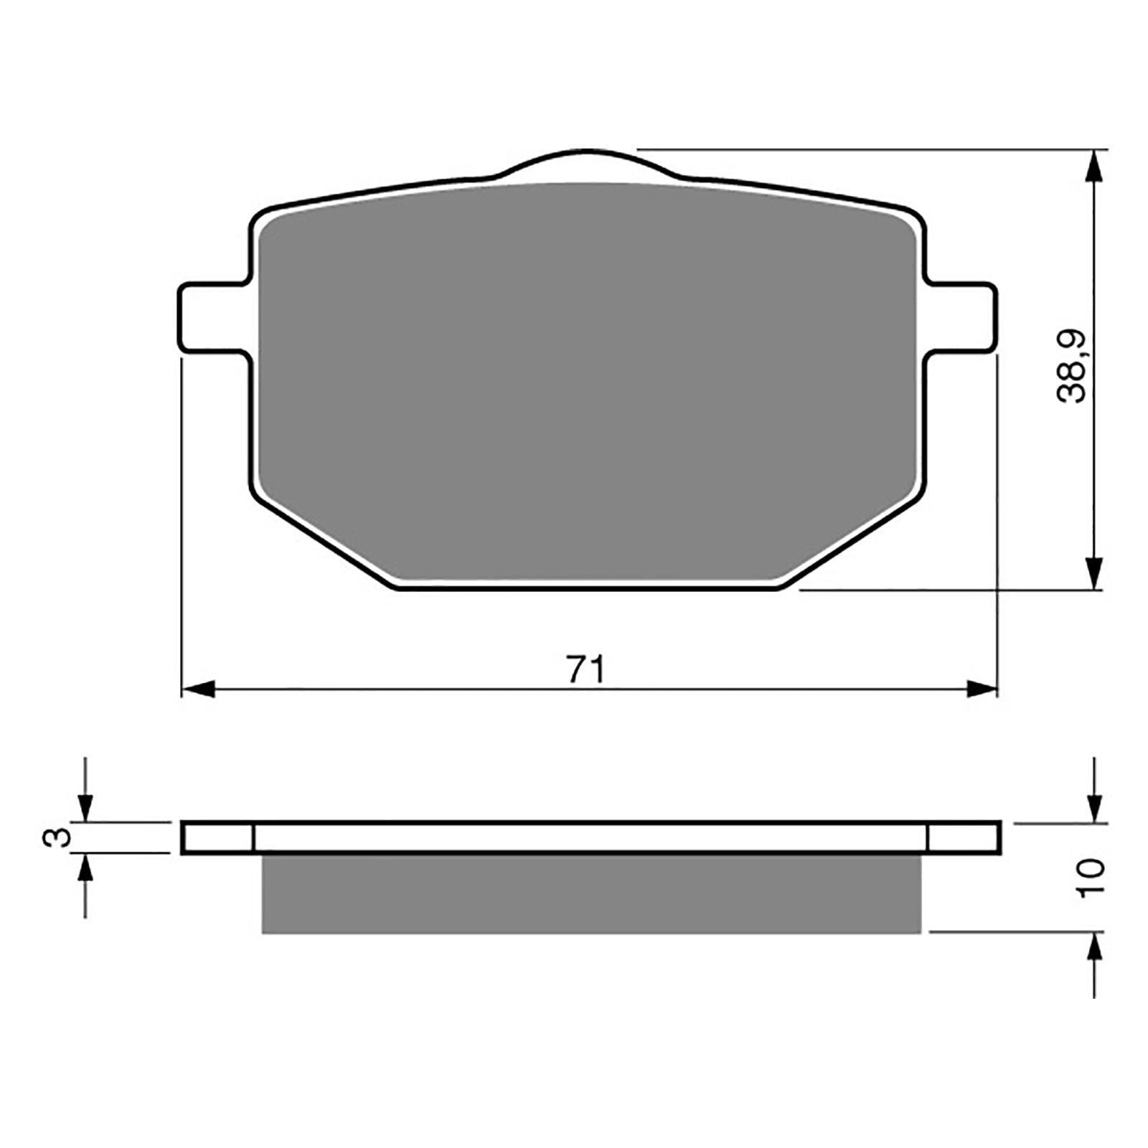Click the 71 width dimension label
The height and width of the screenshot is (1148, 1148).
(x=586, y=669)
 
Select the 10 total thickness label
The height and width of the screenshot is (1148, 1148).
(x=1090, y=877)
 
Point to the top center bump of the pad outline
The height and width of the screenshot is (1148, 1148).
(x=588, y=161)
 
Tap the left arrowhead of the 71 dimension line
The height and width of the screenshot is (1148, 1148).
(x=198, y=690)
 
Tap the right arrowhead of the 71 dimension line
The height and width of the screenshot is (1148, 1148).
(x=982, y=690)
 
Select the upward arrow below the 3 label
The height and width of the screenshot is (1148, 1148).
(x=86, y=872)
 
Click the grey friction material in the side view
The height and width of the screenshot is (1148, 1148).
(x=590, y=894)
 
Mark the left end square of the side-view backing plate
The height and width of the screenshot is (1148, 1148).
(x=218, y=838)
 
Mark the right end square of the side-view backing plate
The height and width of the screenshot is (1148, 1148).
(x=963, y=838)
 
